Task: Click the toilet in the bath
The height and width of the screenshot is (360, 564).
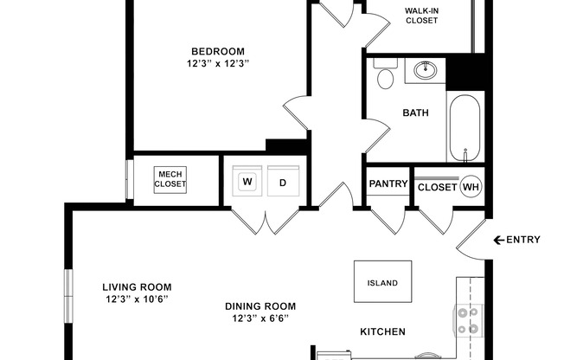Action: pyautogui.click(x=385, y=74)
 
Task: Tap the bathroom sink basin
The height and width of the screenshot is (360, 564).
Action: pyautogui.click(x=426, y=70)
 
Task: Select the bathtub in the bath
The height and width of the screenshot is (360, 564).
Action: pyautogui.click(x=465, y=128)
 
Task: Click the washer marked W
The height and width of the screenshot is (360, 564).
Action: pyautogui.click(x=247, y=181)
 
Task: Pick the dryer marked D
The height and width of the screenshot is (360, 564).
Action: pyautogui.click(x=283, y=181)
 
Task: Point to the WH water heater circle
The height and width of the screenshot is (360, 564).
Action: pyautogui.click(x=471, y=186)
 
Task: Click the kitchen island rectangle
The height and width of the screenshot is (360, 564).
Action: pyautogui.click(x=382, y=281)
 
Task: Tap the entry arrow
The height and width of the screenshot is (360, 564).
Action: pyautogui.click(x=498, y=240)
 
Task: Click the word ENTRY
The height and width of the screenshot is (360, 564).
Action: pyautogui.click(x=523, y=240)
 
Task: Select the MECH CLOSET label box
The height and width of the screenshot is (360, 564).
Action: pyautogui.click(x=170, y=180)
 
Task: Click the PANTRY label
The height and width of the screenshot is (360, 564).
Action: pyautogui.click(x=388, y=183)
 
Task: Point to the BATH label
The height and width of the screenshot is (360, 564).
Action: pyautogui.click(x=415, y=112)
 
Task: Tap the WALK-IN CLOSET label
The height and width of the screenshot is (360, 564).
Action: pyautogui.click(x=421, y=16)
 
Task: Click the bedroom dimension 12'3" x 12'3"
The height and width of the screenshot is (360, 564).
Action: pyautogui.click(x=218, y=64)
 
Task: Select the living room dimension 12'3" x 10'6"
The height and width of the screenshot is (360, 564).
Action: pyautogui.click(x=137, y=299)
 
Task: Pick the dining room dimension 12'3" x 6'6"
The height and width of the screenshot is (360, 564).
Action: pyautogui.click(x=260, y=318)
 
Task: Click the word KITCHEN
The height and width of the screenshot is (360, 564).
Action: pyautogui.click(x=382, y=331)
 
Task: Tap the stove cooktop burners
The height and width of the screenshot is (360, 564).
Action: pyautogui.click(x=468, y=320)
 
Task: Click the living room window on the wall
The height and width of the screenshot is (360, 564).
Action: pyautogui.click(x=68, y=296)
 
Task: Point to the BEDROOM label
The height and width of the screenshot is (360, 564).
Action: pyautogui.click(x=218, y=51)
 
